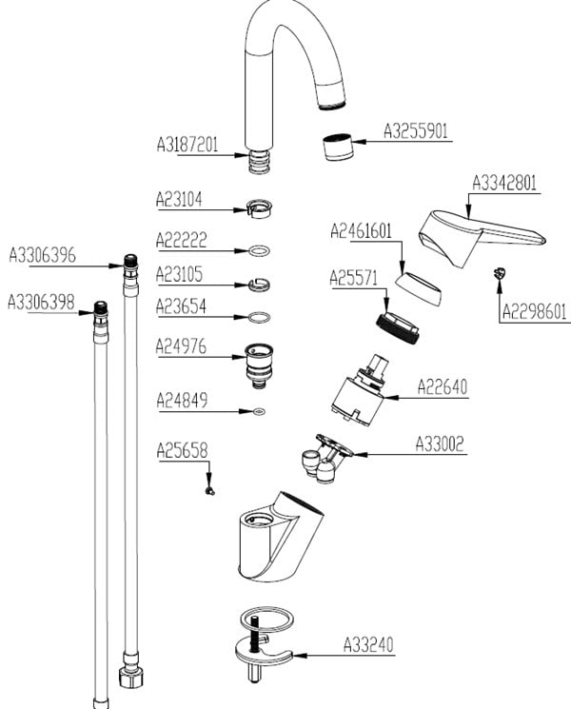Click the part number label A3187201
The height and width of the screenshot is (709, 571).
tap(187, 146)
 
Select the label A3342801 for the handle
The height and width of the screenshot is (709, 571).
tap(505, 182)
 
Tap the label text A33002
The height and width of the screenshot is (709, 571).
tap(440, 443)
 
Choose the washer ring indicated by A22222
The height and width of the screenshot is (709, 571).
tap(256, 251)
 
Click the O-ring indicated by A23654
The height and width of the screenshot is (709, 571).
tap(256, 316)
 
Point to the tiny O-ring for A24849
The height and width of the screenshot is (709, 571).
tap(258, 412)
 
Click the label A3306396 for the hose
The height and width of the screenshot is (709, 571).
tap(42, 255)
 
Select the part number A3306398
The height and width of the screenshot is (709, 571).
tap(41, 302)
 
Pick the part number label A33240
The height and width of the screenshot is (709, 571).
tap(367, 645)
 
